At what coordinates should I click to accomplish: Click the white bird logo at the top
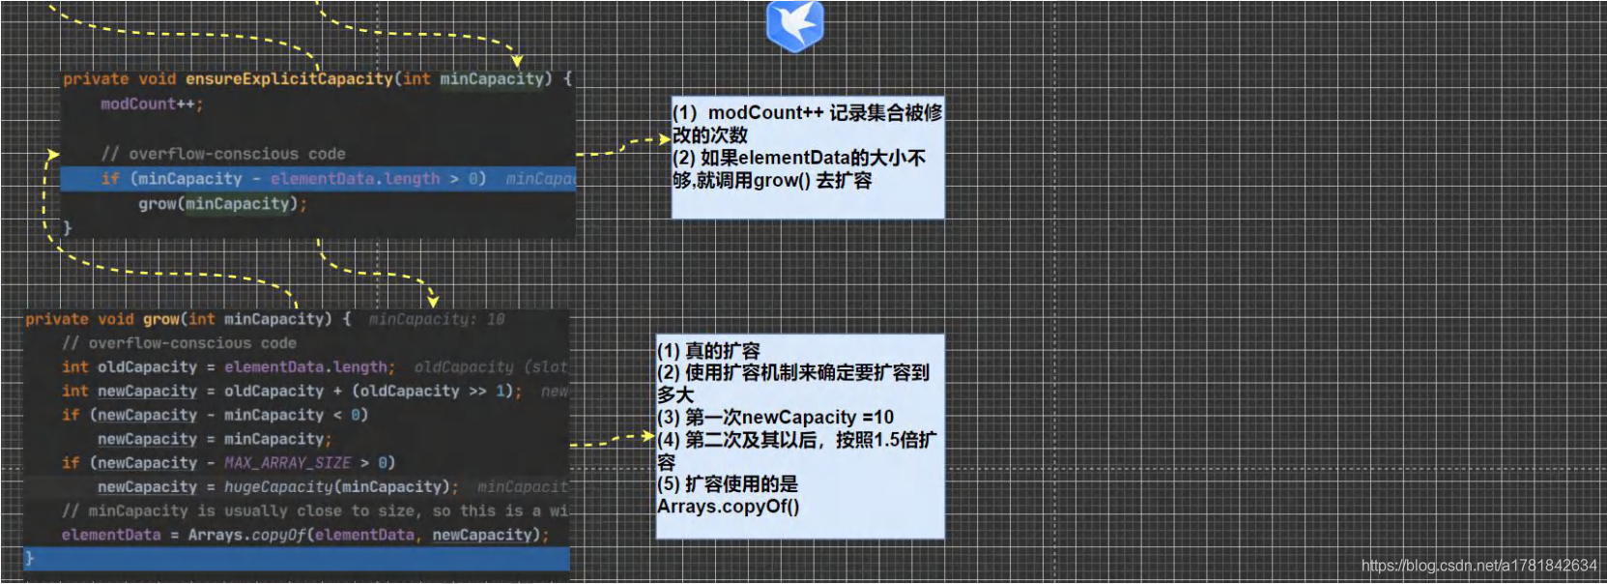pyautogui.click(x=794, y=24)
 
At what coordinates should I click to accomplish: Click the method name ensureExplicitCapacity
pyautogui.click(x=289, y=78)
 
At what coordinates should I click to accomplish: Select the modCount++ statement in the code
pyautogui.click(x=151, y=103)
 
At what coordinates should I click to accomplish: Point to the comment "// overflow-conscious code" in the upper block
pyautogui.click(x=223, y=154)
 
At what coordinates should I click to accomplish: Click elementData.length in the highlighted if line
pyautogui.click(x=355, y=179)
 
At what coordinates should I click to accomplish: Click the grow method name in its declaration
pyautogui.click(x=161, y=319)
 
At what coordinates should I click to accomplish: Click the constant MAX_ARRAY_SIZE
pyautogui.click(x=287, y=463)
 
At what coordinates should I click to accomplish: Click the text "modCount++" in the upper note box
pyautogui.click(x=765, y=113)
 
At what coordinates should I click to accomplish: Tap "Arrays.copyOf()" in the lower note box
pyautogui.click(x=729, y=507)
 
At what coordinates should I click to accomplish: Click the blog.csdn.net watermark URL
pyautogui.click(x=1478, y=566)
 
